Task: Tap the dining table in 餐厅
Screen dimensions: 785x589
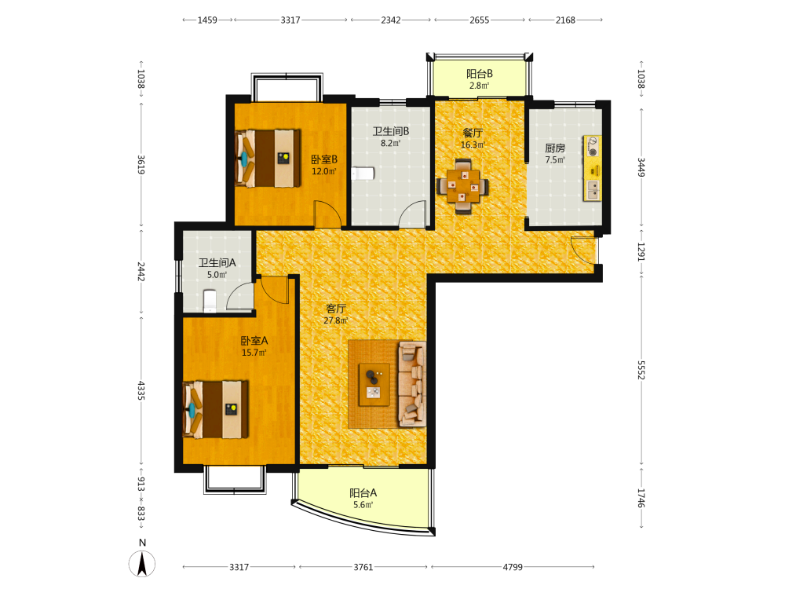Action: click(462, 186)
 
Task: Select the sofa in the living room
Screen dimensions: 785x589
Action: click(412, 384)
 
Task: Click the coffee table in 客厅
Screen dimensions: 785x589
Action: click(374, 384)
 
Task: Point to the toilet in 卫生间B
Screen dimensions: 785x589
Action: click(363, 174)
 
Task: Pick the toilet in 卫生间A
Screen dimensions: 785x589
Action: click(210, 301)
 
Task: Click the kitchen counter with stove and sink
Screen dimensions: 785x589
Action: click(592, 168)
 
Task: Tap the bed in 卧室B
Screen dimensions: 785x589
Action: click(268, 159)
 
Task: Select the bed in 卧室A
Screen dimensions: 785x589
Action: click(216, 410)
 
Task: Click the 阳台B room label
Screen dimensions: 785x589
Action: click(480, 74)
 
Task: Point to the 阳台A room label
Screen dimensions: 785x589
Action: click(363, 493)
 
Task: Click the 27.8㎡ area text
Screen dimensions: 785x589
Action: click(335, 320)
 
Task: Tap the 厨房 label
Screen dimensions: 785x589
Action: click(555, 148)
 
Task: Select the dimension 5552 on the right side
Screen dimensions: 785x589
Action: click(641, 370)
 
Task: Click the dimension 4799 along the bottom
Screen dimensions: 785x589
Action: click(513, 567)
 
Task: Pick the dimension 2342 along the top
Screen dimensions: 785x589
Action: click(390, 20)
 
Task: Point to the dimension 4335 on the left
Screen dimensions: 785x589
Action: click(141, 390)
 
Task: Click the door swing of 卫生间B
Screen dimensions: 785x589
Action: click(413, 214)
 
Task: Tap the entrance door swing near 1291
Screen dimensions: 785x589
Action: click(584, 250)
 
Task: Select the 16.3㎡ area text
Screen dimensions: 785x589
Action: click(473, 145)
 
